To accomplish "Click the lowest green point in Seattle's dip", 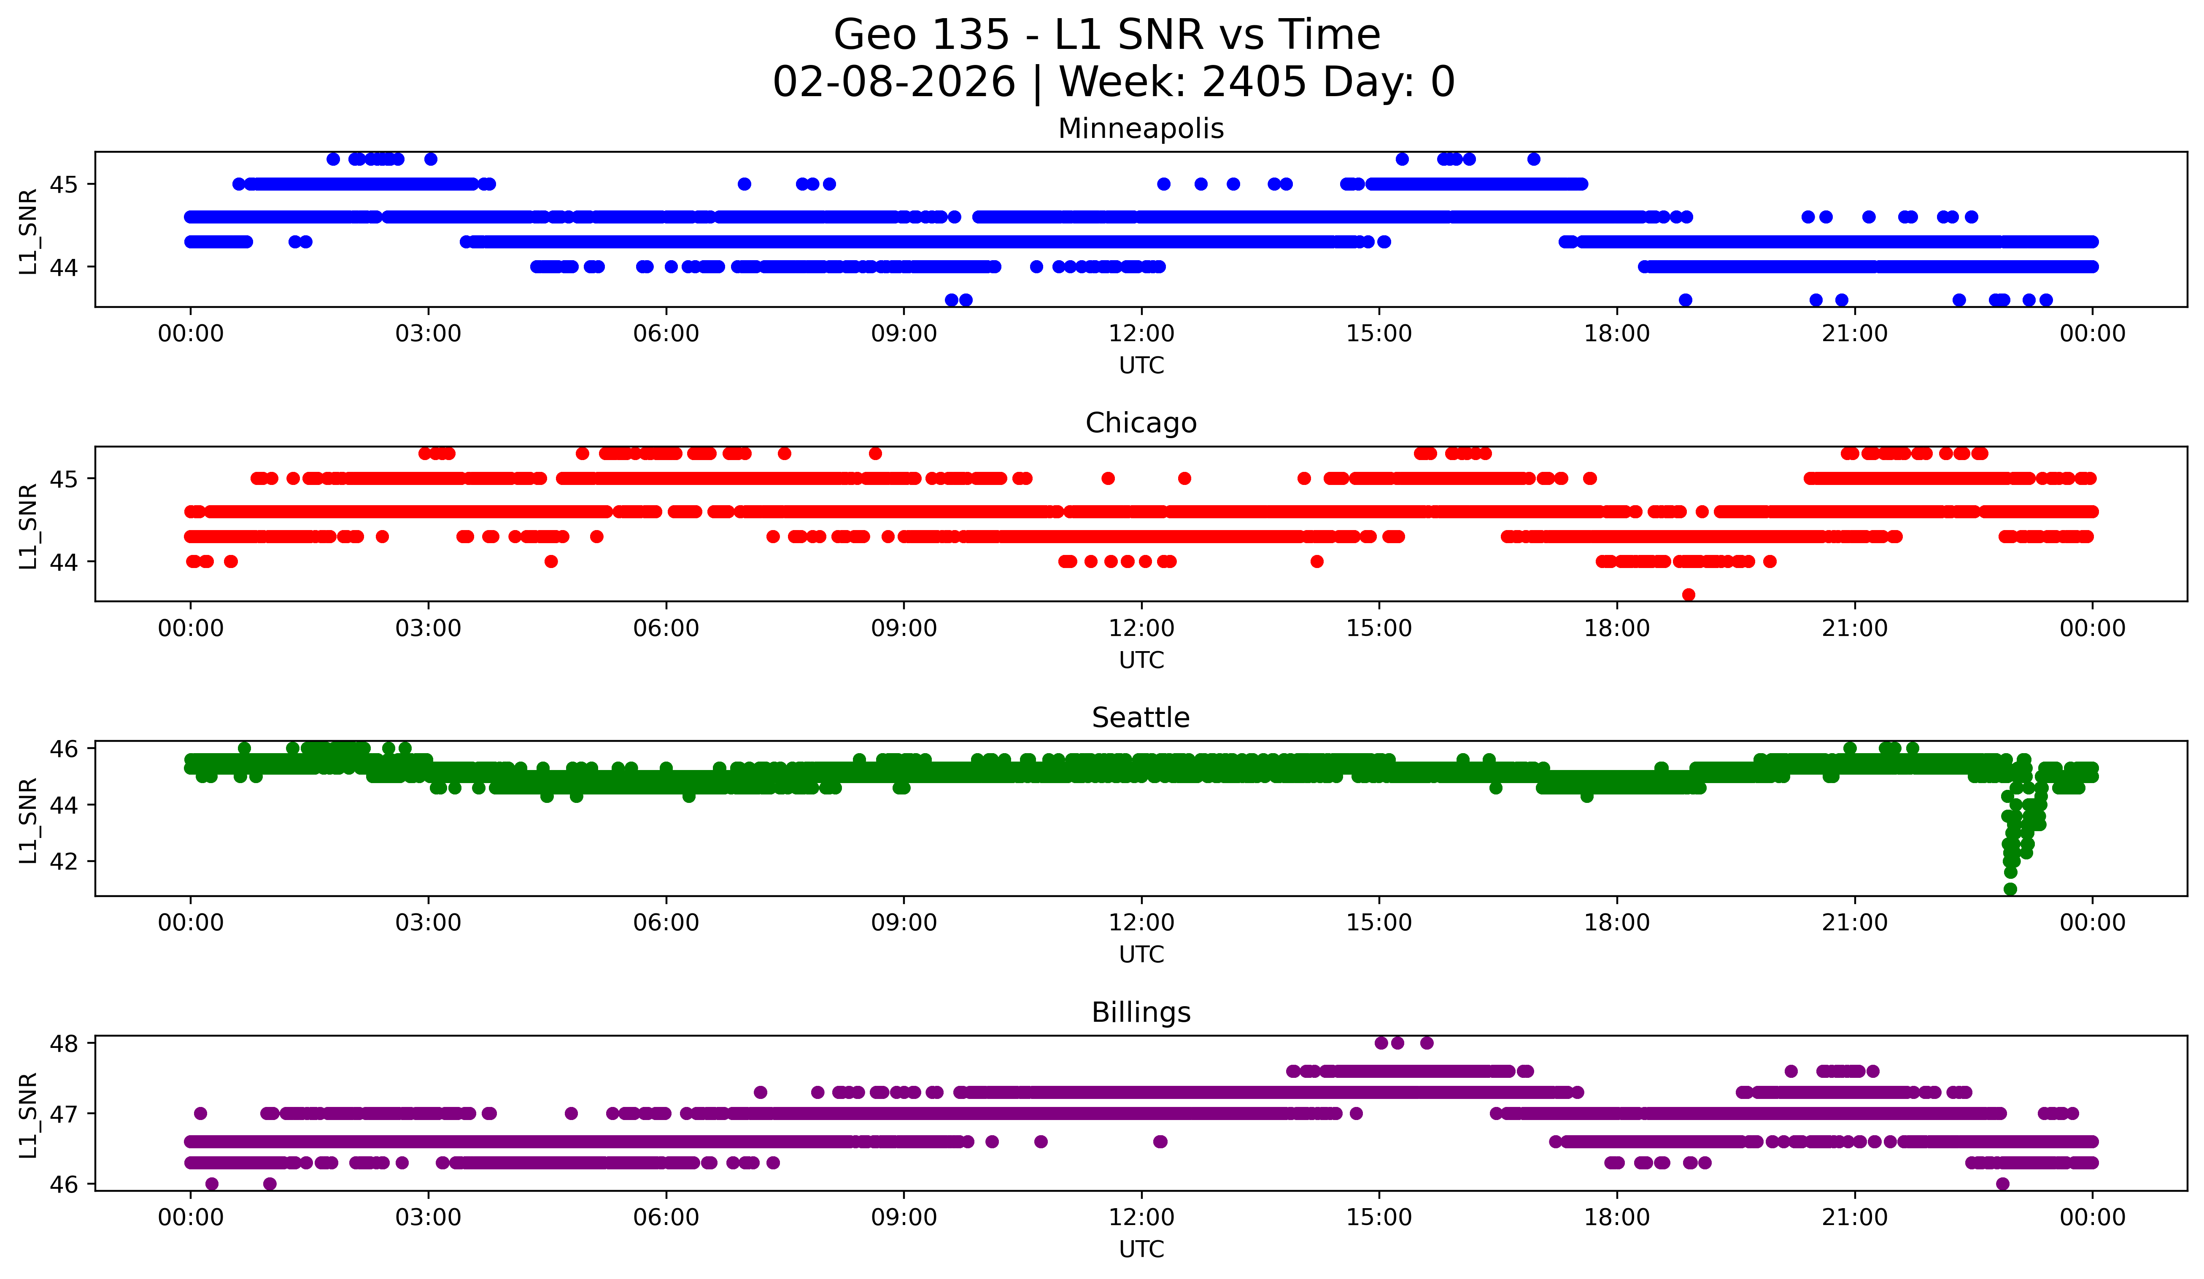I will (2010, 889).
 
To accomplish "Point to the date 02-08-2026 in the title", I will (894, 82).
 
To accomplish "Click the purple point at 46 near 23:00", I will (2003, 1184).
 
